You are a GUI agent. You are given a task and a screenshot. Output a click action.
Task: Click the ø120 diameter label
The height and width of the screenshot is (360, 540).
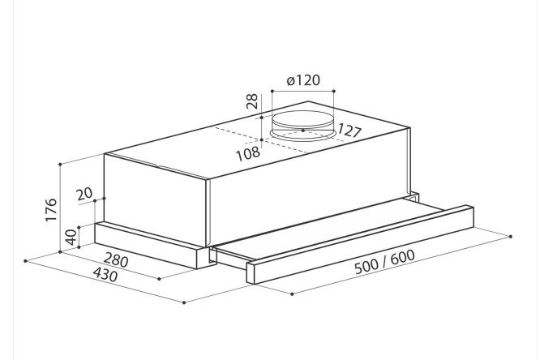303,80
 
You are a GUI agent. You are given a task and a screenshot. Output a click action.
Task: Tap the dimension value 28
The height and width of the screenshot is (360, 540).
252,101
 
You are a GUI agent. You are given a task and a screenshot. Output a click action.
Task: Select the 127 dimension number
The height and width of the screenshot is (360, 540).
349,131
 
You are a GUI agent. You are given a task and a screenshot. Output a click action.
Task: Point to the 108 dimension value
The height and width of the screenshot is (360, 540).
248,153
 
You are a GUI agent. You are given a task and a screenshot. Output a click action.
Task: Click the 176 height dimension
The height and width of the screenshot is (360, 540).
51,209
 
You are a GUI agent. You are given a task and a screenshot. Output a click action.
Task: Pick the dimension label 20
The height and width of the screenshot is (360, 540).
84,194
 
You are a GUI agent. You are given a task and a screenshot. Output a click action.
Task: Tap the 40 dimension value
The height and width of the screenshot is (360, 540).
71,237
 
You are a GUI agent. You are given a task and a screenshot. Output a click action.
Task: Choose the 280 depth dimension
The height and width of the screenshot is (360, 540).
116,260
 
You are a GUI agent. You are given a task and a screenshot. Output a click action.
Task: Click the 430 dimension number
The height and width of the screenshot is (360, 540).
105,275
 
